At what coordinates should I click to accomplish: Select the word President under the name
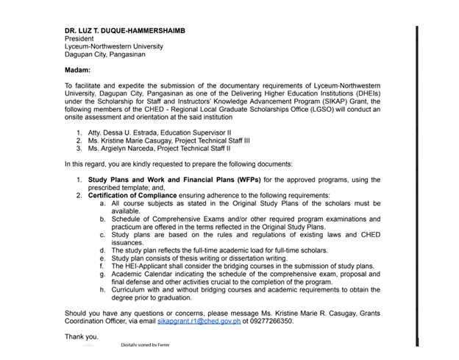(x=80, y=38)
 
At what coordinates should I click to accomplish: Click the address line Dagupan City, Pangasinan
(x=108, y=54)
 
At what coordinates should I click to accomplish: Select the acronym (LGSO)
(x=280, y=111)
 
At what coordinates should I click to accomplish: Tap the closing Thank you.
(x=81, y=336)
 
